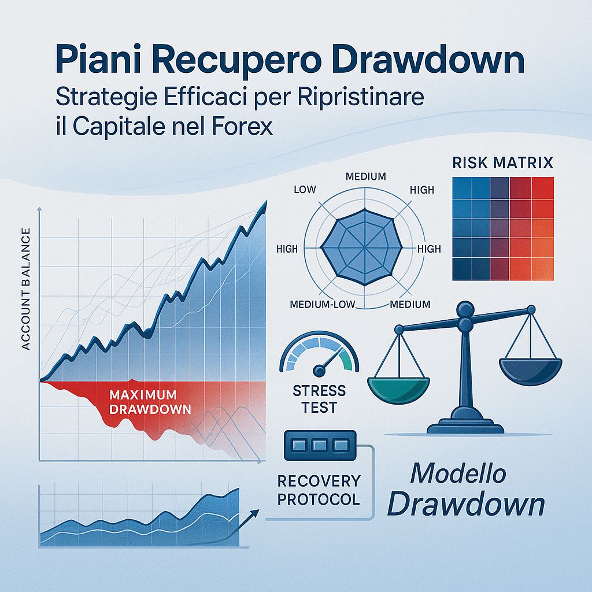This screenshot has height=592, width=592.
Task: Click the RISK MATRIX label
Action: tap(501, 162)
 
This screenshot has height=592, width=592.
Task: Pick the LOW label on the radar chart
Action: tap(304, 190)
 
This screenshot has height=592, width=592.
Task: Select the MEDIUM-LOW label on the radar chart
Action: tap(321, 305)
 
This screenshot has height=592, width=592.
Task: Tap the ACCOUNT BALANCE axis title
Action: tap(25, 289)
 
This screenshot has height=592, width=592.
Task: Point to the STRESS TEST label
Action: tap(319, 399)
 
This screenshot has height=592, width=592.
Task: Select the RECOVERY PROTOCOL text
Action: tap(319, 490)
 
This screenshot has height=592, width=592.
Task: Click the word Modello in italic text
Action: tap(458, 474)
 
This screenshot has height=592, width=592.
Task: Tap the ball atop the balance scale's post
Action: tap(464, 310)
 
